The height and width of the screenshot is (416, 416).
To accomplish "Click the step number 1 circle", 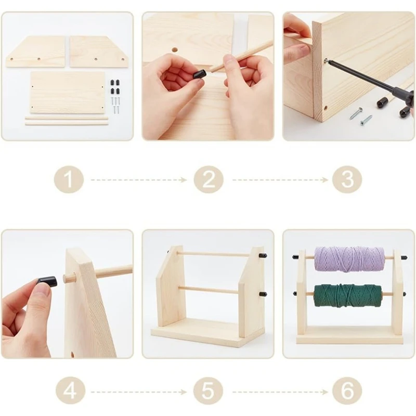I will pyautogui.click(x=68, y=180).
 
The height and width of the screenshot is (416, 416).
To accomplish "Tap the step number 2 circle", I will pyautogui.click(x=209, y=180).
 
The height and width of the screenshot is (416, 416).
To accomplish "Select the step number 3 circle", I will pyautogui.click(x=347, y=180).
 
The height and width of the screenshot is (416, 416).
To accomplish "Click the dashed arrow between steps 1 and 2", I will pyautogui.click(x=138, y=180).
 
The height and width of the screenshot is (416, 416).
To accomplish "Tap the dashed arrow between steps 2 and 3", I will pyautogui.click(x=279, y=180).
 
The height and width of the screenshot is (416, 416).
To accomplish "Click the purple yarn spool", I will pyautogui.click(x=349, y=259).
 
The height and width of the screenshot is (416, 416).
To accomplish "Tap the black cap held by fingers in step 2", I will pyautogui.click(x=200, y=74).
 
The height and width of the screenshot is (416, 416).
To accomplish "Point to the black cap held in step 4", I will pyautogui.click(x=47, y=281).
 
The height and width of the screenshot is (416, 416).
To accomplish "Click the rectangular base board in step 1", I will pyautogui.click(x=68, y=92).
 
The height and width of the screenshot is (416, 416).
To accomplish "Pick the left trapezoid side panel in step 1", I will pyautogui.click(x=36, y=51).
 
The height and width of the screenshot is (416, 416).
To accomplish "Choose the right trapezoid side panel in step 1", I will pyautogui.click(x=99, y=51).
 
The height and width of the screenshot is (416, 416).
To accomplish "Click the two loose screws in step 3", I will pyautogui.click(x=360, y=115).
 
